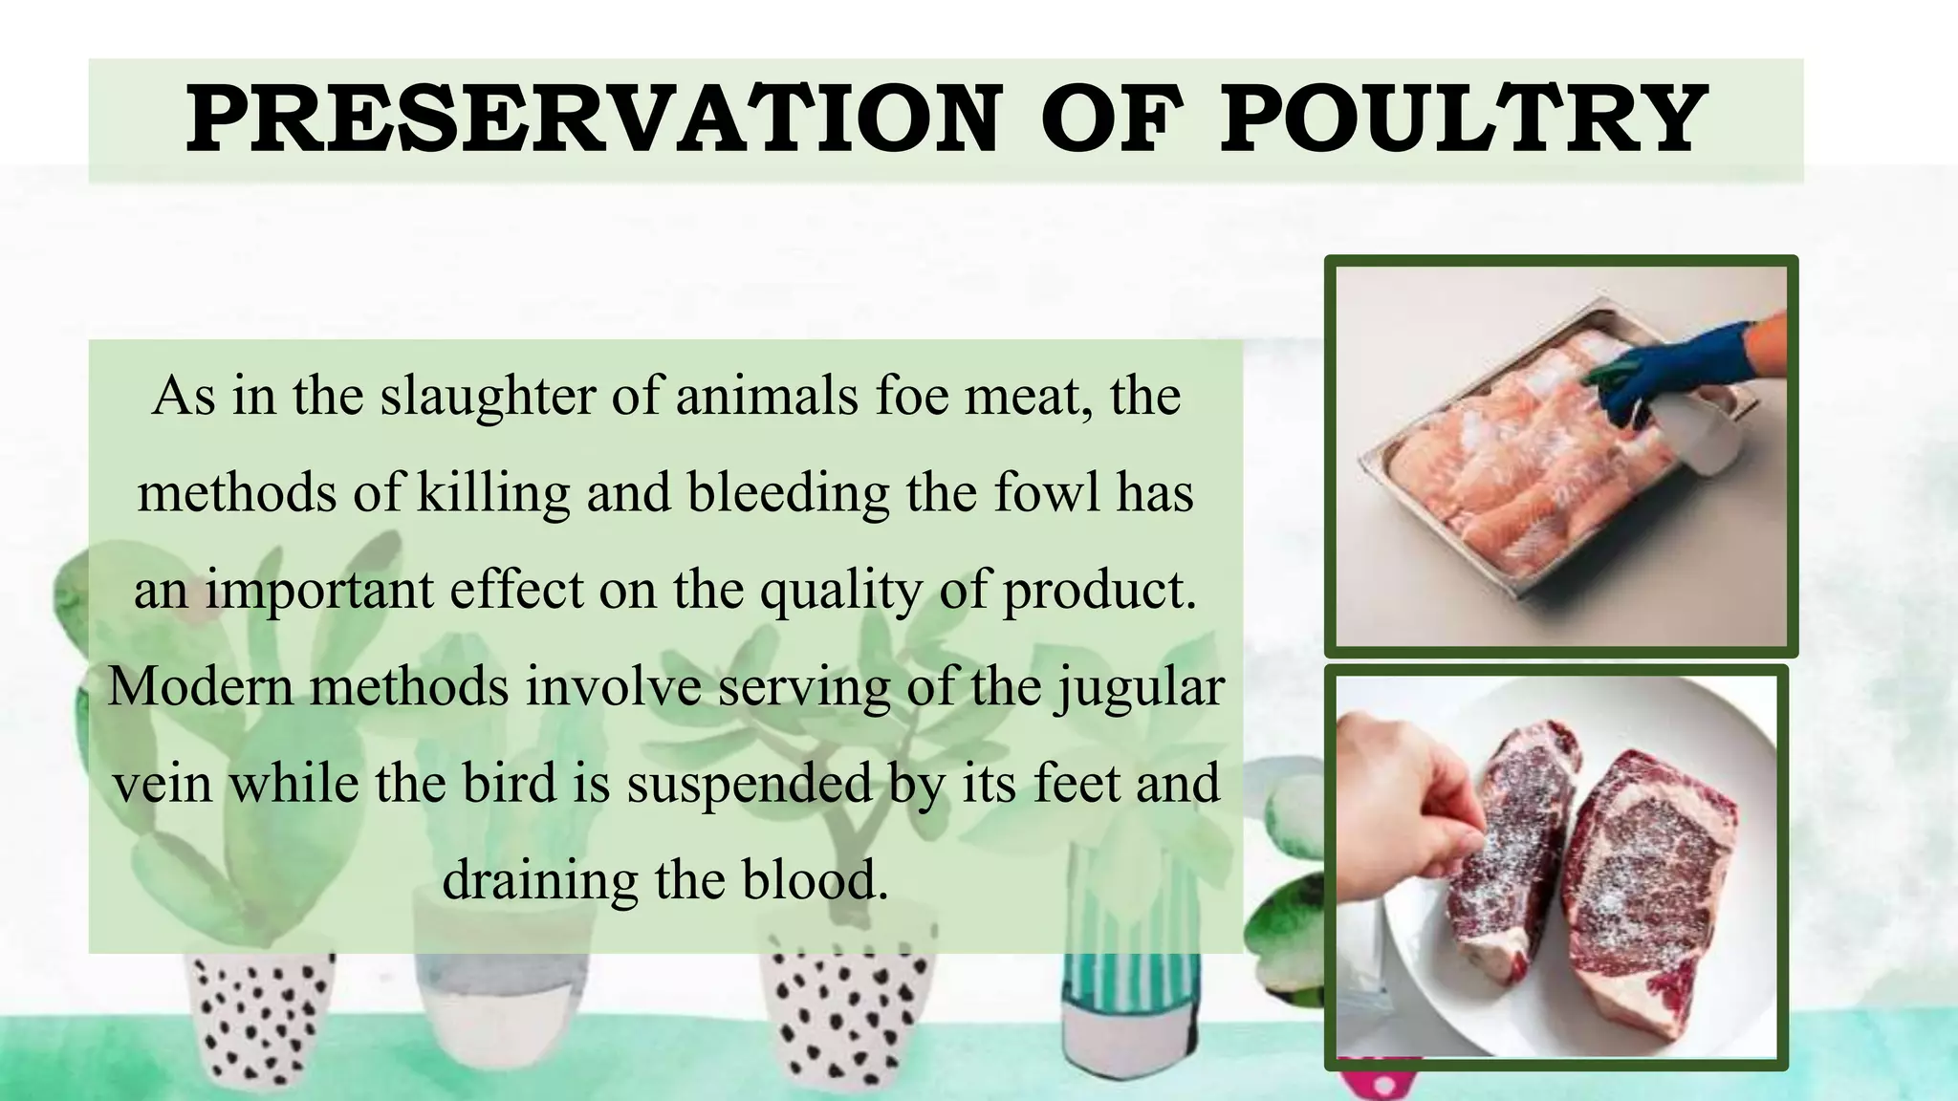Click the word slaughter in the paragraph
488,396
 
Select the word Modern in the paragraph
201,686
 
